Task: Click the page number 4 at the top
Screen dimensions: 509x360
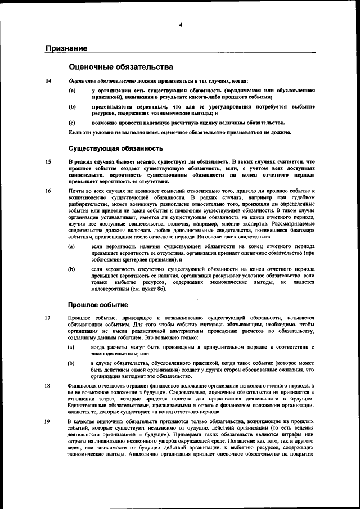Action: pos(181,25)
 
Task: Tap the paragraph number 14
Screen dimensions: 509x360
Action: pos(49,81)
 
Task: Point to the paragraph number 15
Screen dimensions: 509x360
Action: pos(49,162)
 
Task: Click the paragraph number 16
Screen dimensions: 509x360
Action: pos(49,191)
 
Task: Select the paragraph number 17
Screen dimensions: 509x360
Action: pos(49,318)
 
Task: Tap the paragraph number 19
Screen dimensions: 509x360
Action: pos(49,421)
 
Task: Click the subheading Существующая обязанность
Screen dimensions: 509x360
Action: pos(116,149)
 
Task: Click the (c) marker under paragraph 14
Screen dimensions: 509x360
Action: pos(71,122)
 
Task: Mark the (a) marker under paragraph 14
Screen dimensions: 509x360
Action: pos(71,90)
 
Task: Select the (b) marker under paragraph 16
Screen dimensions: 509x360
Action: pos(71,269)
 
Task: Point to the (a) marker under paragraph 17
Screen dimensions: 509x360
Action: pos(71,348)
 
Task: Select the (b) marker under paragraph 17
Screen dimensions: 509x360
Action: pos(71,363)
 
